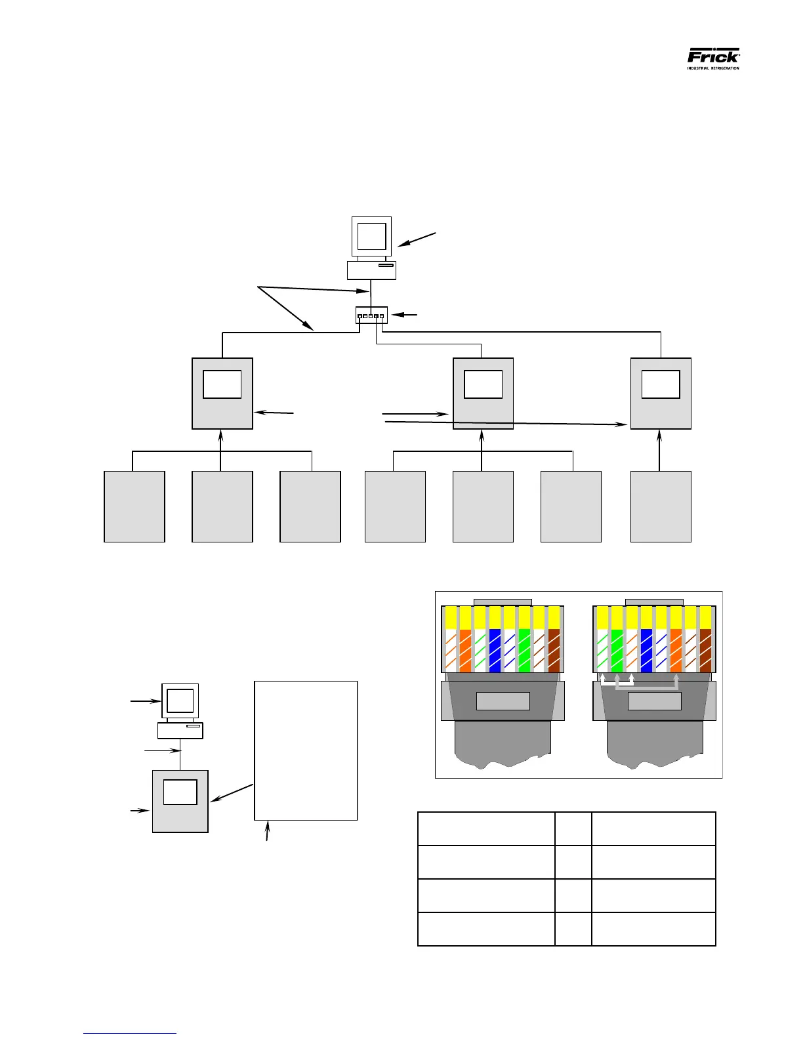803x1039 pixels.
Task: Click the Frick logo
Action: (x=713, y=58)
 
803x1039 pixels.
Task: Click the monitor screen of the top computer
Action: (x=371, y=236)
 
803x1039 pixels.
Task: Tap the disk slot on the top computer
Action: (x=386, y=266)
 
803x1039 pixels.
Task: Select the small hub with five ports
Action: (x=372, y=316)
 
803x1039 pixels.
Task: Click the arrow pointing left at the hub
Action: (x=404, y=316)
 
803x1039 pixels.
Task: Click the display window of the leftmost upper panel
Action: (x=222, y=384)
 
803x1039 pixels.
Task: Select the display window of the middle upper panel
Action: (x=483, y=384)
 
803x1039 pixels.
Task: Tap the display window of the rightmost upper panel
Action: (x=660, y=384)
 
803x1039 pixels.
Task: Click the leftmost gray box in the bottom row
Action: (x=134, y=506)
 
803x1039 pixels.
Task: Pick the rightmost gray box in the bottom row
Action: (x=661, y=506)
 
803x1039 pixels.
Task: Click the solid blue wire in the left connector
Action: (x=495, y=650)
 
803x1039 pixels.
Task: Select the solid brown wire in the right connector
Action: (x=705, y=650)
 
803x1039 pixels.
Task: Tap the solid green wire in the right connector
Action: (x=617, y=650)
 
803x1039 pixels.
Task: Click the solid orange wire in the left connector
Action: (x=465, y=650)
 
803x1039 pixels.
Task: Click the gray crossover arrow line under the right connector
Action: (x=646, y=688)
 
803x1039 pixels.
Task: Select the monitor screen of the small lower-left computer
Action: (x=180, y=701)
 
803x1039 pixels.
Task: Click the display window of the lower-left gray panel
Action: (x=180, y=792)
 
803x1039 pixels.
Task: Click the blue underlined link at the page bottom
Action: (x=130, y=1033)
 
